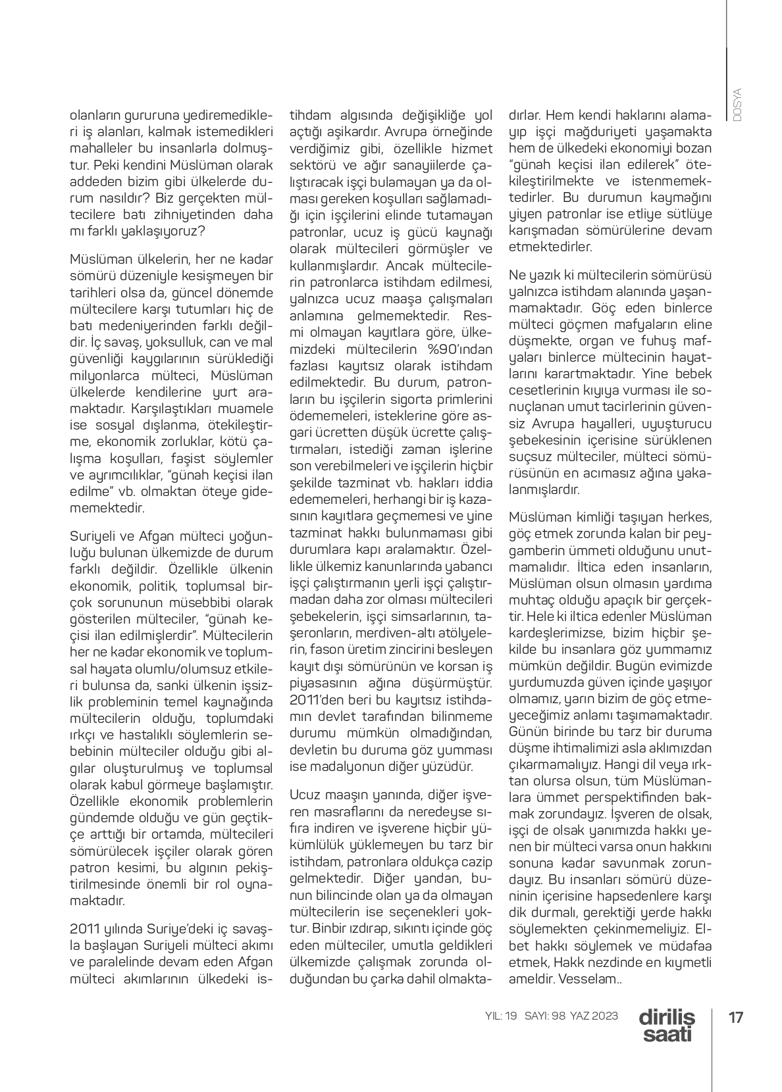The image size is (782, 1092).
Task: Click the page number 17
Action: (736, 1018)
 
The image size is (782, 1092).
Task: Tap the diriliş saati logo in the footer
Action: (666, 1025)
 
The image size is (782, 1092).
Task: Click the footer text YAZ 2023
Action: (594, 1016)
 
